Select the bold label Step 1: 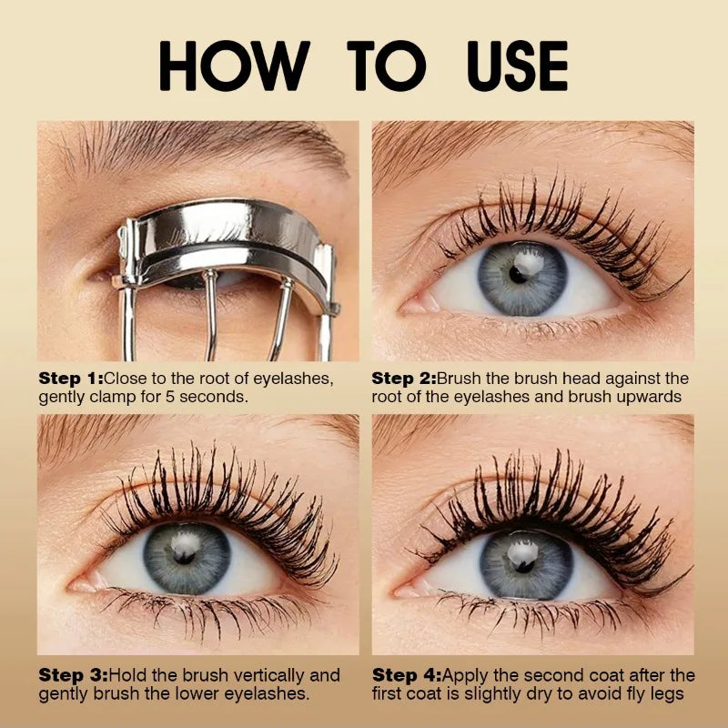pos(71,377)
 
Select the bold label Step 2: pos(404,377)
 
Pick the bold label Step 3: pos(71,675)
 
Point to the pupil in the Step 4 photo pos(523,561)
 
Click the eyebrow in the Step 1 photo pos(209,146)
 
